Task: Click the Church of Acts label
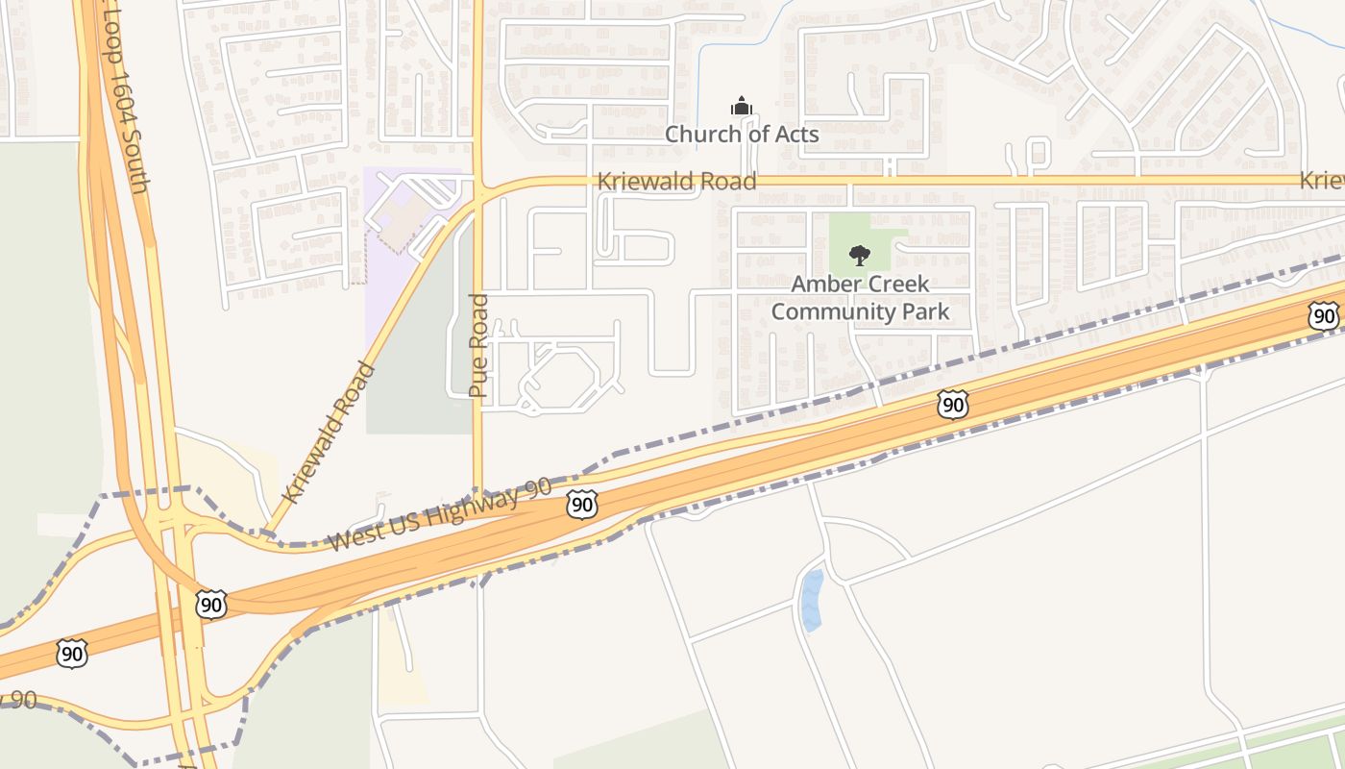pos(743,134)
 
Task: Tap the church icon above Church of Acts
pos(741,105)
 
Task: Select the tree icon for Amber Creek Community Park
pos(860,256)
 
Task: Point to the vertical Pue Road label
pos(478,346)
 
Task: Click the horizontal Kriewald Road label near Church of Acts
pos(676,181)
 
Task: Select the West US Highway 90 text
pos(440,515)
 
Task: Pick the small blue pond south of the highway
pos(812,600)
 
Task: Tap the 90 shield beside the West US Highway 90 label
pos(581,504)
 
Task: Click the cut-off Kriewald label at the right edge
pos(1322,181)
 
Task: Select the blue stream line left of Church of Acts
pos(698,87)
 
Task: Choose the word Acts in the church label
pos(796,134)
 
